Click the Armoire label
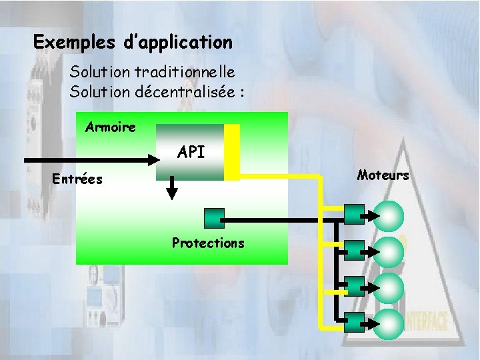pyautogui.click(x=111, y=127)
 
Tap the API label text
pyautogui.click(x=191, y=152)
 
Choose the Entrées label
pyautogui.click(x=77, y=179)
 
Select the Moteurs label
pyautogui.click(x=383, y=175)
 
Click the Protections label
pyautogui.click(x=208, y=243)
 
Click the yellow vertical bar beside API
pyautogui.click(x=231, y=152)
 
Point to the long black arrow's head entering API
pyautogui.click(x=151, y=159)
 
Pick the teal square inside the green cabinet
pyautogui.click(x=213, y=217)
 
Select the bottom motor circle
pyautogui.click(x=389, y=322)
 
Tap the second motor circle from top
pyautogui.click(x=389, y=251)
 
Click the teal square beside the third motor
pyautogui.click(x=355, y=285)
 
